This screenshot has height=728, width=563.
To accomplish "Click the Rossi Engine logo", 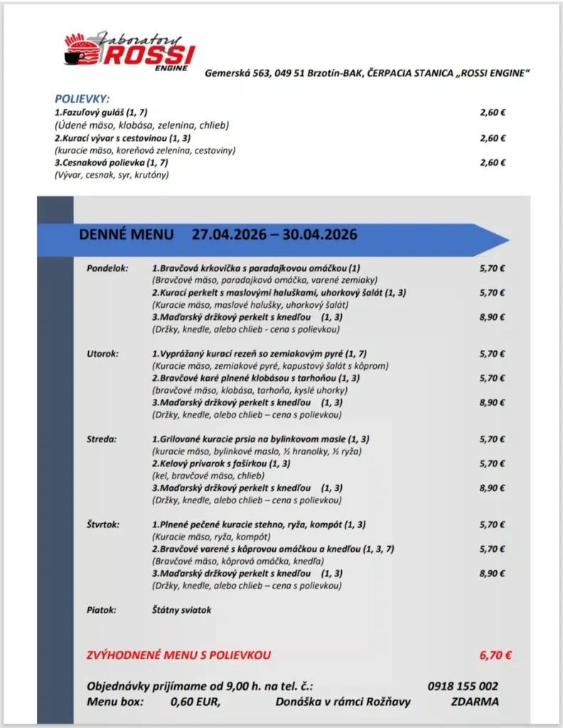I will (x=128, y=52).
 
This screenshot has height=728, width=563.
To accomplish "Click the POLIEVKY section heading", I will (x=82, y=99).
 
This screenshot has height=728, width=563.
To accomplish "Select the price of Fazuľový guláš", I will (x=493, y=112).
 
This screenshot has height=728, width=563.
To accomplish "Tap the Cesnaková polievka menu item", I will (x=104, y=162).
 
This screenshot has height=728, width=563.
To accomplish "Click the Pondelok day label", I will (x=107, y=268).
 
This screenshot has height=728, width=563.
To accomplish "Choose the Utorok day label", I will (x=102, y=353).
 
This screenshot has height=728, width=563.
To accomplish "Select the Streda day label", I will (x=101, y=439).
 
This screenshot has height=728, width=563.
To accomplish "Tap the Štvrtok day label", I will (x=103, y=525).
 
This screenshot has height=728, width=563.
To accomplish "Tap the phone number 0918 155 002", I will (x=463, y=686).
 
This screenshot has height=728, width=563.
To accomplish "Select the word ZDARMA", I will (x=474, y=702).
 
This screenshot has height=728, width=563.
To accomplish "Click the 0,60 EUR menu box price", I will (x=195, y=702).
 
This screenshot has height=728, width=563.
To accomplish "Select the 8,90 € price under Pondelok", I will (x=492, y=317).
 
